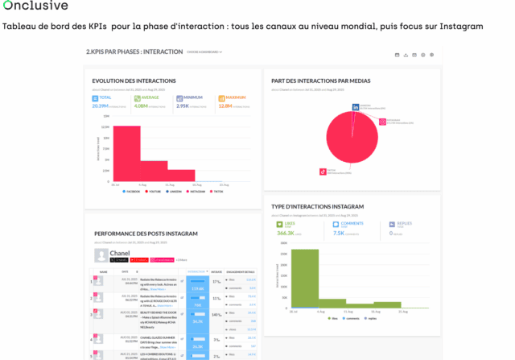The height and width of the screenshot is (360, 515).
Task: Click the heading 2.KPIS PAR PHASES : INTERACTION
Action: pyautogui.click(x=134, y=52)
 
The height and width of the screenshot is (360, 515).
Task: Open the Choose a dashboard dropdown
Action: pyautogui.click(x=204, y=52)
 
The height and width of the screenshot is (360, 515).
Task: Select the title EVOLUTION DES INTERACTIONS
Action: pyautogui.click(x=134, y=81)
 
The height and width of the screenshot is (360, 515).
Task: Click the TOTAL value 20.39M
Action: pyautogui.click(x=101, y=106)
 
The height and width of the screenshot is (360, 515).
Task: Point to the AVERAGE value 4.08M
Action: pyautogui.click(x=141, y=106)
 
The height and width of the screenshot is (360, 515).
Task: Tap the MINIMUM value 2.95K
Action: pyautogui.click(x=183, y=106)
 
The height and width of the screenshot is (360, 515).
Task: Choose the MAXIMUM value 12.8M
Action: pyautogui.click(x=225, y=106)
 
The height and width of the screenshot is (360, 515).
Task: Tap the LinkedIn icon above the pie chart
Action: pyautogui.click(x=356, y=106)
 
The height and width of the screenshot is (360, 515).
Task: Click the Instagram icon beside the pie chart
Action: pyautogui.click(x=383, y=122)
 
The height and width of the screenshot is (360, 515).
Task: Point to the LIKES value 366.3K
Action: pyautogui.click(x=286, y=233)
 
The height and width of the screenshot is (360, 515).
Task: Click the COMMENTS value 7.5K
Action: pyautogui.click(x=339, y=233)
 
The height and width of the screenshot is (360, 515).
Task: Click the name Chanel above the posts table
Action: pyautogui.click(x=119, y=253)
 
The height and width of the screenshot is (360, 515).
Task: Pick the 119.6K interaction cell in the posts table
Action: pyautogui.click(x=197, y=288)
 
